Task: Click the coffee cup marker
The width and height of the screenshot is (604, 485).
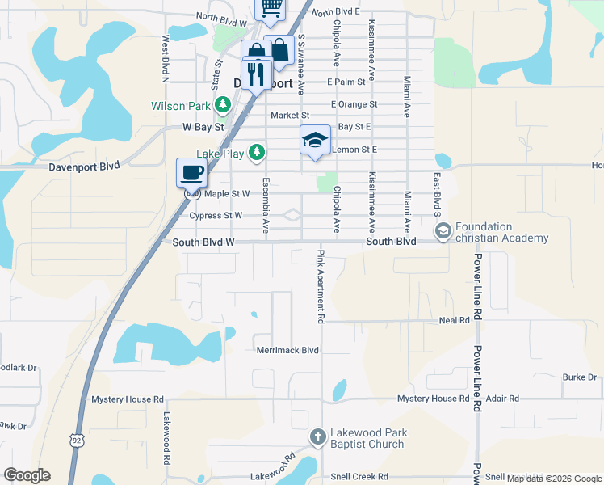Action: point(192,171)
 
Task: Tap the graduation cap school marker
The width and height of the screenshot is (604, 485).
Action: point(315,140)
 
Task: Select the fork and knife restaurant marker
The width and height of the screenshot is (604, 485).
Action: point(256,75)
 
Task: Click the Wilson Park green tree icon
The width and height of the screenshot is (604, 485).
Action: point(224,105)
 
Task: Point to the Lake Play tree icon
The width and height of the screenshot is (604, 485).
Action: point(257,150)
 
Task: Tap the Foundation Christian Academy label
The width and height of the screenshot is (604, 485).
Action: point(501,232)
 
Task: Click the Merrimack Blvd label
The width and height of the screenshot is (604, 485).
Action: point(287,350)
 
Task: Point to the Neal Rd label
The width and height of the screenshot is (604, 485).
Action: point(454,321)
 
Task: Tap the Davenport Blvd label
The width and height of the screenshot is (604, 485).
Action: point(84,165)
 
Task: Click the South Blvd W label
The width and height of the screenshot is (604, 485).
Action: point(203,242)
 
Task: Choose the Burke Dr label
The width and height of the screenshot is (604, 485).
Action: point(580,377)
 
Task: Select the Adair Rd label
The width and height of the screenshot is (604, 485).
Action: point(502,399)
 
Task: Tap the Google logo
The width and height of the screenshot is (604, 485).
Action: point(27,475)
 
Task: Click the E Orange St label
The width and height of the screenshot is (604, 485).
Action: point(354,104)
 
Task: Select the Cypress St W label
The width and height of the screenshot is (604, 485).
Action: point(216,216)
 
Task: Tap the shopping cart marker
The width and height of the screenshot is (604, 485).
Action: point(271,7)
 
